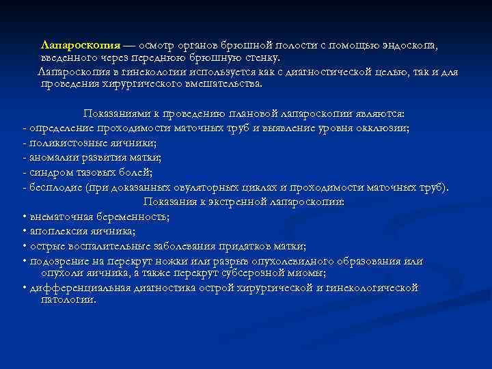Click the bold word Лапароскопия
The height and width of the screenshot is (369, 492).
81,45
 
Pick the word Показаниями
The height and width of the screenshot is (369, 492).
116,113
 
